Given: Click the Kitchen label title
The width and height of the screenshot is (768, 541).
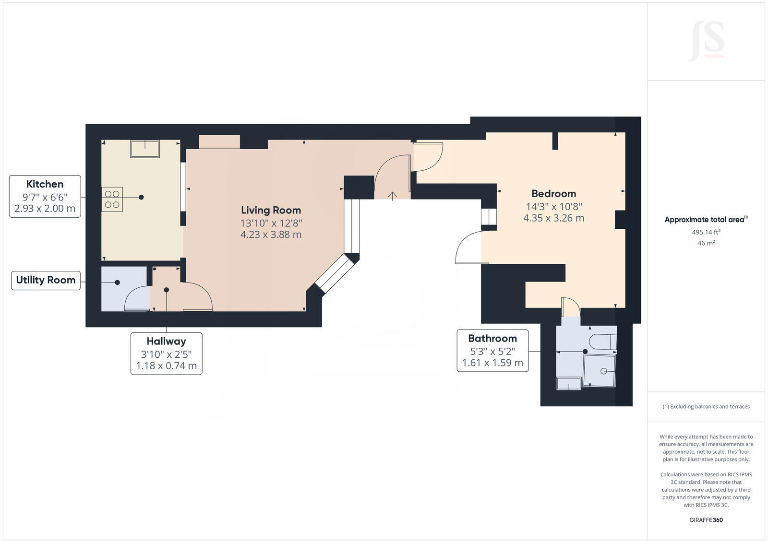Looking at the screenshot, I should [45, 184].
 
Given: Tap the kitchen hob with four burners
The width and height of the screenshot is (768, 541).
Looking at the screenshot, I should [112, 199].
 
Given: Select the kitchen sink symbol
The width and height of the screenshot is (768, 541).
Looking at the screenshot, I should [144, 149].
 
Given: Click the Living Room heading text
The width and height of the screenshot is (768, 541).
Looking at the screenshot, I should [271, 210].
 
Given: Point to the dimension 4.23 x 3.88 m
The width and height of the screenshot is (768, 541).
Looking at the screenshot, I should [271, 235].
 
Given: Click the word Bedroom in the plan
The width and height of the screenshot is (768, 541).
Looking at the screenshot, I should [553, 194].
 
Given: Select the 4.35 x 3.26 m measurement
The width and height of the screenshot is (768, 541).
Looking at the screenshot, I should [553, 218].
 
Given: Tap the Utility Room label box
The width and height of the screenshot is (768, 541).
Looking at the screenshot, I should [46, 280].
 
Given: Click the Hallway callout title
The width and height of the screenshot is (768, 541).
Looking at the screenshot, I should [166, 341].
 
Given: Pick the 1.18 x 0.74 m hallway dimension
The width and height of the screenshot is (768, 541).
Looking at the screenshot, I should [166, 366].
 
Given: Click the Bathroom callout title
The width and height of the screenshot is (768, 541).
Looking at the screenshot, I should [492, 339].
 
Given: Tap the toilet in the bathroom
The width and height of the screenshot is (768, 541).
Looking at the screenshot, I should [602, 341].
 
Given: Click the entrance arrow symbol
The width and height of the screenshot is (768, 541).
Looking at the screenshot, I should [393, 196].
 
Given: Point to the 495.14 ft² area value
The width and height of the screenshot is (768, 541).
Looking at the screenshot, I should [706, 232].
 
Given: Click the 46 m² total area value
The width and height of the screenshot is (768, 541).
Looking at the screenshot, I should [706, 243].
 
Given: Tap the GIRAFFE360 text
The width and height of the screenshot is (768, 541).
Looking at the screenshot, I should [706, 520].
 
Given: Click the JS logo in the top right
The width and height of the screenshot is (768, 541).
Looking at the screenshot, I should [707, 41].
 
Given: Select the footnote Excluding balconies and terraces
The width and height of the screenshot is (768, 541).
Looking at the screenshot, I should [706, 407].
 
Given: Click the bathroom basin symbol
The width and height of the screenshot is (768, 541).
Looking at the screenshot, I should [568, 384].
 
